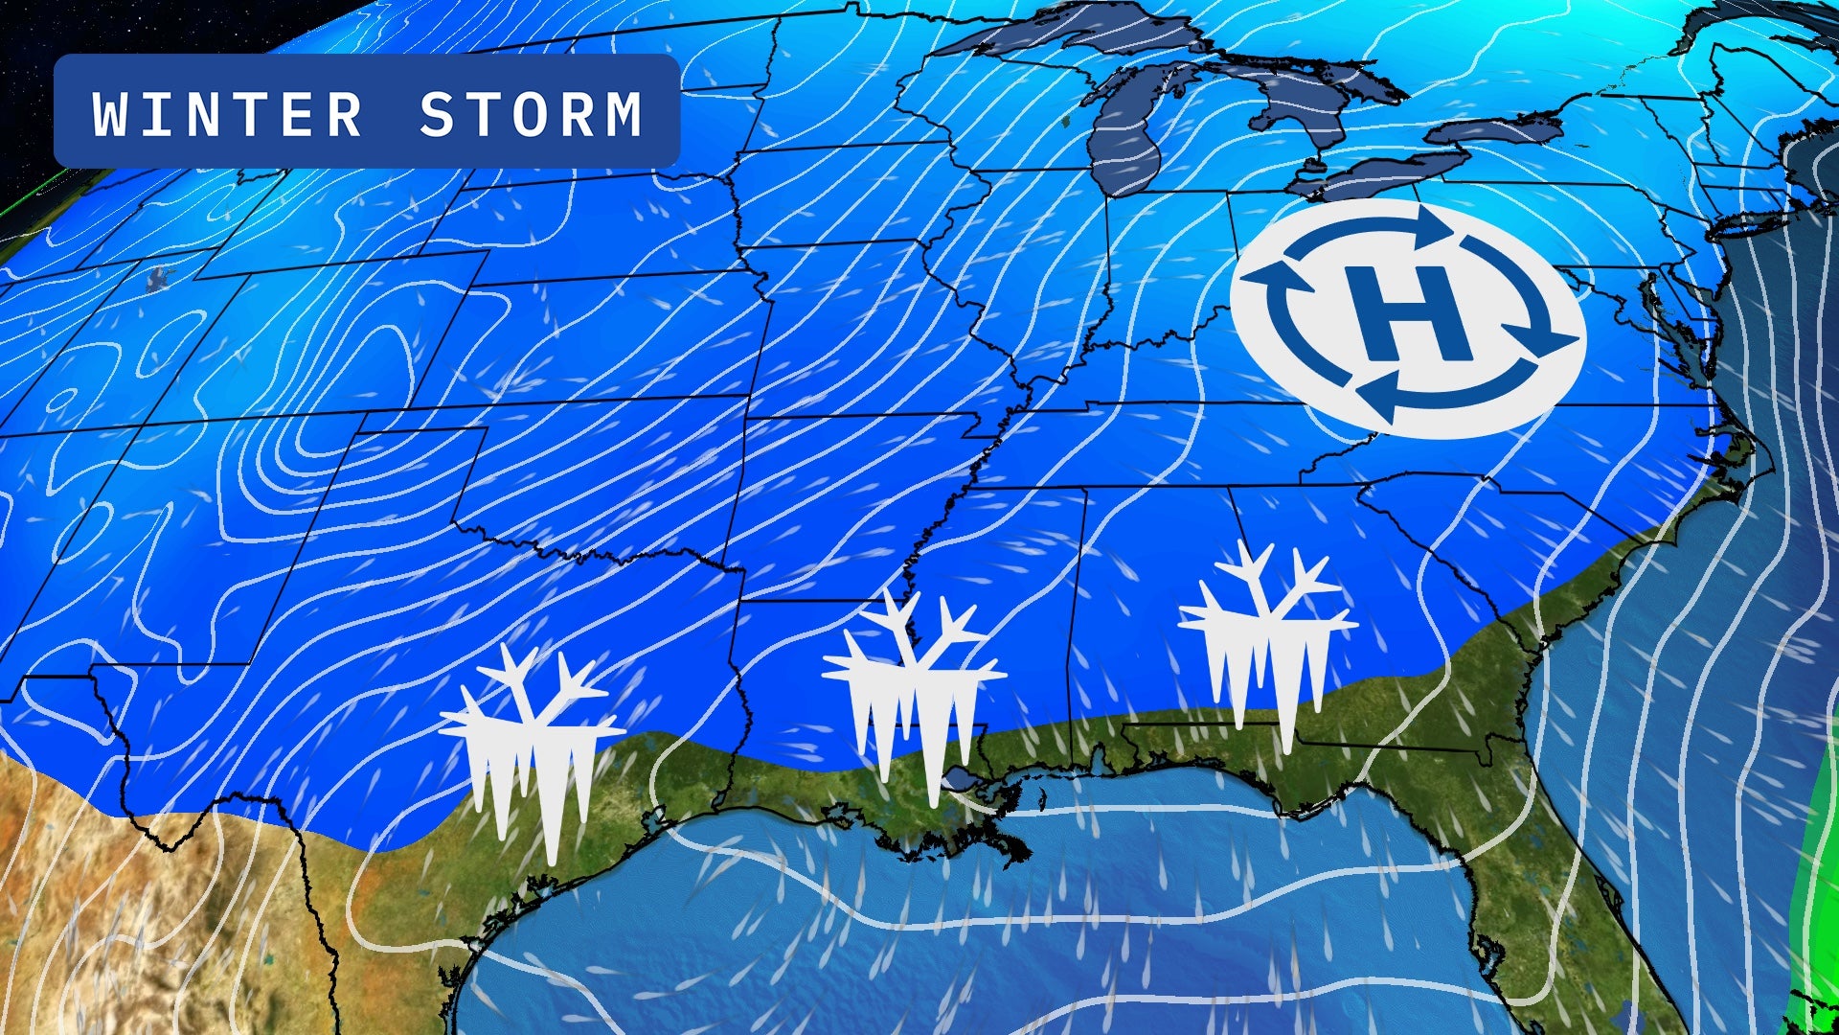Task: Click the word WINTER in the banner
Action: click(x=227, y=114)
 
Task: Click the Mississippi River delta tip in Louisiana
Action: click(x=1015, y=848)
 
